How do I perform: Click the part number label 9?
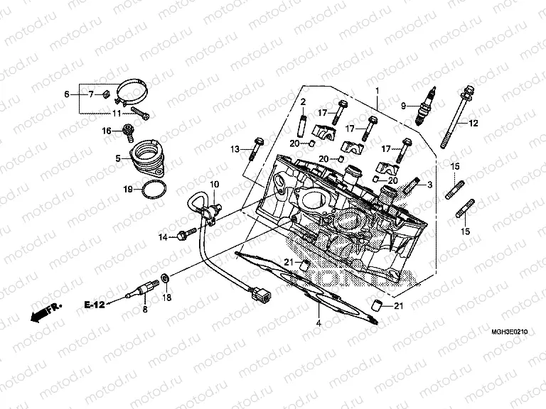point(403,107)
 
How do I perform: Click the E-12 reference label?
point(95,305)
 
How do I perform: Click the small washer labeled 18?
point(165,277)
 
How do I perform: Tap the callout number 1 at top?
point(378,90)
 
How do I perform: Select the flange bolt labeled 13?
point(255,149)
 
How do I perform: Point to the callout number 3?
point(429,184)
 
